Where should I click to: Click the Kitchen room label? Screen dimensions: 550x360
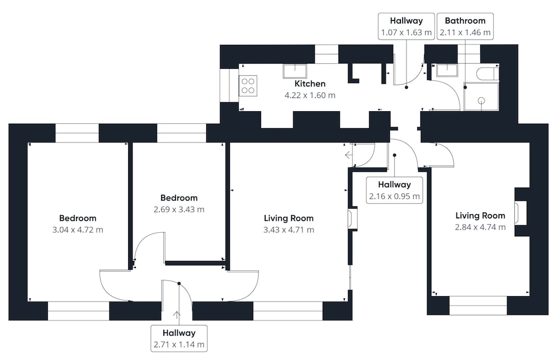pyautogui.click(x=310, y=84)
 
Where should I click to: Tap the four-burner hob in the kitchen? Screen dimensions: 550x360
pyautogui.click(x=248, y=86)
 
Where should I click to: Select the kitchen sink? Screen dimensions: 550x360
pyautogui.click(x=295, y=71)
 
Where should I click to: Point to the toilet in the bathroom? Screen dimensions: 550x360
pyautogui.click(x=487, y=73)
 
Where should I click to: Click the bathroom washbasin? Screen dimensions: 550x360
pyautogui.click(x=447, y=70)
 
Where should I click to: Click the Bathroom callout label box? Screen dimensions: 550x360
pyautogui.click(x=465, y=26)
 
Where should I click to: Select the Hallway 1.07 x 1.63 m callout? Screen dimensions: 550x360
pyautogui.click(x=406, y=26)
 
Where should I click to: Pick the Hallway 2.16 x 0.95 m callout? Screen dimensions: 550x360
pyautogui.click(x=394, y=190)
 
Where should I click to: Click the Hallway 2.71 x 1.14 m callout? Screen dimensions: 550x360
pyautogui.click(x=179, y=338)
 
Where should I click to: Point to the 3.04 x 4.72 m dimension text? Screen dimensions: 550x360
pyautogui.click(x=78, y=230)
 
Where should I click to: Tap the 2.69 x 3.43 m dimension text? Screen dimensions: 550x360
pyautogui.click(x=179, y=209)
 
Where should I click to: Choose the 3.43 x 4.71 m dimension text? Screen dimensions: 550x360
pyautogui.click(x=289, y=230)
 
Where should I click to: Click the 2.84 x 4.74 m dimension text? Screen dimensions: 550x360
pyautogui.click(x=480, y=227)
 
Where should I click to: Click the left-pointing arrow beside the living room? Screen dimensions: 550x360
pyautogui.click(x=349, y=155)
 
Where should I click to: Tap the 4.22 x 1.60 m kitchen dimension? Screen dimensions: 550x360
pyautogui.click(x=310, y=95)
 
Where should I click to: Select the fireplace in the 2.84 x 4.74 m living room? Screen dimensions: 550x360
pyautogui.click(x=520, y=212)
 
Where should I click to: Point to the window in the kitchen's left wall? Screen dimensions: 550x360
pyautogui.click(x=229, y=85)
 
